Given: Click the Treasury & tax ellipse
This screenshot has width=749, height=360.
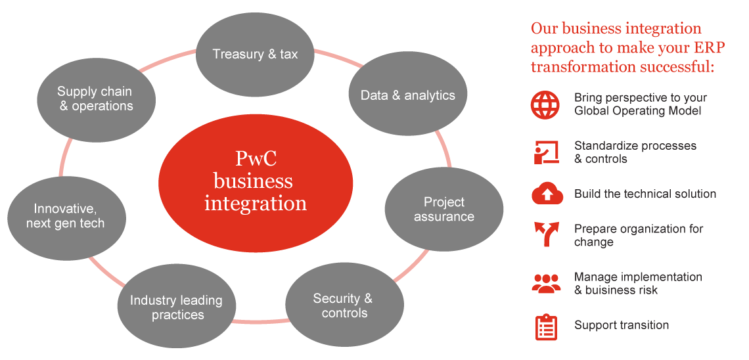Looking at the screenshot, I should click(x=256, y=54).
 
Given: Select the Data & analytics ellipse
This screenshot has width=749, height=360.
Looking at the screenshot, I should click(x=407, y=95).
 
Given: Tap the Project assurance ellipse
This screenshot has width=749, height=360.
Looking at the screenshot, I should click(x=444, y=210).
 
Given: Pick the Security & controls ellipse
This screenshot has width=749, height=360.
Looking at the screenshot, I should click(x=344, y=305).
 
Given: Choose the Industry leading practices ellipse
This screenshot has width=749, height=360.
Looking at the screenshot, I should click(x=177, y=307).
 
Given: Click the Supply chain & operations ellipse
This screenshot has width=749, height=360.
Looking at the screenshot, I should click(x=96, y=99).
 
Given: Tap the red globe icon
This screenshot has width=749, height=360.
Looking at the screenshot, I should click(x=545, y=104).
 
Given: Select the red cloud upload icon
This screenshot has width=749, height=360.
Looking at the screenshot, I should click(x=545, y=194).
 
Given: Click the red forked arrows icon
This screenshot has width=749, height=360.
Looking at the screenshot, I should click(x=545, y=235).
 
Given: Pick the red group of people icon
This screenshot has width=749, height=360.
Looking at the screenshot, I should click(x=545, y=283).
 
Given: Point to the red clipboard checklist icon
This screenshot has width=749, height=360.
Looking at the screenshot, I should click(x=545, y=326).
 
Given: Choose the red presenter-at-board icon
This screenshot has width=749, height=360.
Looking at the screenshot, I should click(x=545, y=152).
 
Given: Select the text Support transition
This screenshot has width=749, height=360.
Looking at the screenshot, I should click(x=622, y=325).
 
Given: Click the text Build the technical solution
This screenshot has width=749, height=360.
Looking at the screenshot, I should click(x=645, y=194).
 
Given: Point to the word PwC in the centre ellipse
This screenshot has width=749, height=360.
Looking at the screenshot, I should click(x=255, y=159).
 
